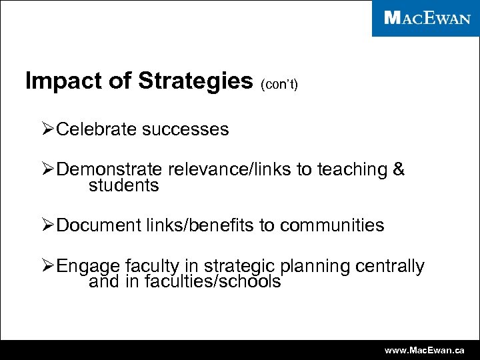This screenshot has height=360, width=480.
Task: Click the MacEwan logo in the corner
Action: (427, 18)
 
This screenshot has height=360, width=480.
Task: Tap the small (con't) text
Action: (279, 85)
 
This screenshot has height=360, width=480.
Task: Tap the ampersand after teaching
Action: (399, 169)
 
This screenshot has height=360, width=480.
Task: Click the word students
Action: (124, 185)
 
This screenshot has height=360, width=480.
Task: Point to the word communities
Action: (332, 226)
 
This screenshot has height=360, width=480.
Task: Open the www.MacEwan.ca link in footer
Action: (425, 350)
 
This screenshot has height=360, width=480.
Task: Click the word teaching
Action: (351, 170)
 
